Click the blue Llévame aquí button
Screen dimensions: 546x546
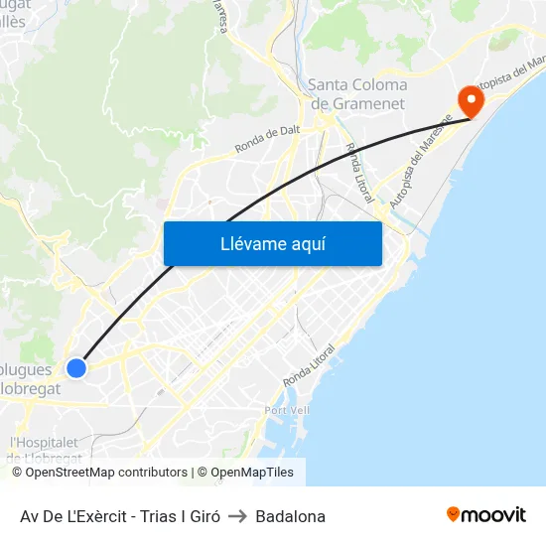pos(272,243)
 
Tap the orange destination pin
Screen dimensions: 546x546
pos(469,100)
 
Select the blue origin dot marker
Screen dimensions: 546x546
pos(76,368)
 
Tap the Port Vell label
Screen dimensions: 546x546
pos(288,411)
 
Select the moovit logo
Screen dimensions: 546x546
pos(486,515)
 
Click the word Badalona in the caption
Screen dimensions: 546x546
pos(290,516)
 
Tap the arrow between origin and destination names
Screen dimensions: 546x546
pos(237,516)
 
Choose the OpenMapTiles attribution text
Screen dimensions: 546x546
pos(250,473)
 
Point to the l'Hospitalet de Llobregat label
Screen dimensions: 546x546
pos(46,450)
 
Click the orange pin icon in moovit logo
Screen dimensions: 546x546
pos(454,514)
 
